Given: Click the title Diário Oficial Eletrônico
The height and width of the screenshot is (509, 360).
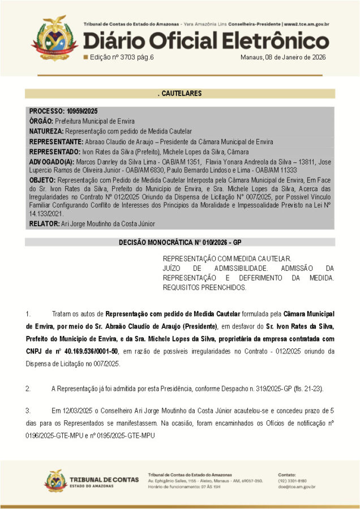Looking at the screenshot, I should pos(207,41).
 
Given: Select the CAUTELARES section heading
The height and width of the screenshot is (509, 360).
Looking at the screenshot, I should pos(179,93).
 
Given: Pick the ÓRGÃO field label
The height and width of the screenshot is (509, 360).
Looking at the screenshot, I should pos(41,122).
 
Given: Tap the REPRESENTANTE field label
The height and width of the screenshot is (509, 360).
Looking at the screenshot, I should pos(55,142).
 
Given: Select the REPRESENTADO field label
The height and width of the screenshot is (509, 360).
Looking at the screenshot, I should pos(54,152).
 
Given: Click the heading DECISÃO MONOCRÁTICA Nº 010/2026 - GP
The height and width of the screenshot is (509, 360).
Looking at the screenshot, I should pos(179,242).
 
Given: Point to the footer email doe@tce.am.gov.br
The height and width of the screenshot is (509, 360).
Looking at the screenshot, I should pos(297,486).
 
